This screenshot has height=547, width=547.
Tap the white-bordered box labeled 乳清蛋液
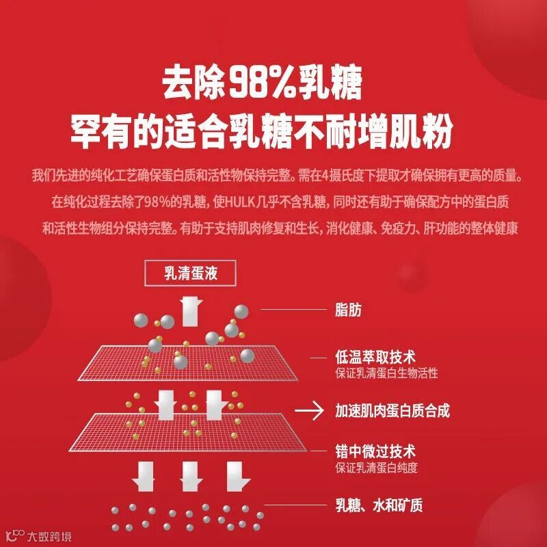coord(191,274)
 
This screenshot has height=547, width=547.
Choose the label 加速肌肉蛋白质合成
coord(392,410)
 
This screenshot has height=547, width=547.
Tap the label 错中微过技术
coord(375,452)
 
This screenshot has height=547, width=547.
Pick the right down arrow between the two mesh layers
coord(215,403)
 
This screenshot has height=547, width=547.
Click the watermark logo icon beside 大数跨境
coord(12,534)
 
